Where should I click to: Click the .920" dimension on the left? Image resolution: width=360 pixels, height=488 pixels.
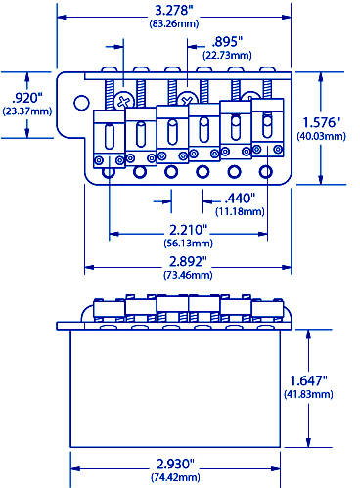tap(22, 98)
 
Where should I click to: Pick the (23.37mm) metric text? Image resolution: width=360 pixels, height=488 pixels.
tap(22, 111)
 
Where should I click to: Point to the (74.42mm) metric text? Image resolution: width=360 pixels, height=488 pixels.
tap(176, 477)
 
